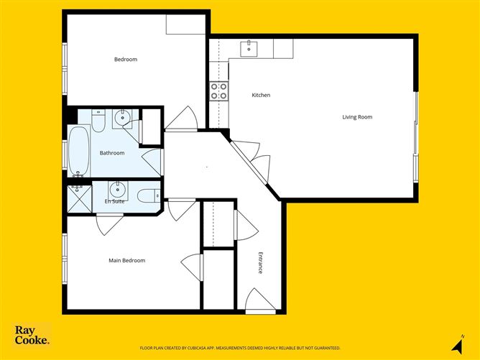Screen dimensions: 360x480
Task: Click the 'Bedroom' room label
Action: coord(125,60)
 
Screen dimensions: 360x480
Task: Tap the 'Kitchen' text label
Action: coord(261,95)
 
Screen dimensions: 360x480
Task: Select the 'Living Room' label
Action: coord(357,117)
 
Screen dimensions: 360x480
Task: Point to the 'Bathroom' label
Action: coord(111,153)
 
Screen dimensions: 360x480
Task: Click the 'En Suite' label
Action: coord(114,201)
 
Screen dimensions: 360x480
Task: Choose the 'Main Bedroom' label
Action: coord(126,260)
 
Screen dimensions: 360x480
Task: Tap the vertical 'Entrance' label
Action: coord(260,262)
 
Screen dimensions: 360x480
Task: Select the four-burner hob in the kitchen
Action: coord(218,91)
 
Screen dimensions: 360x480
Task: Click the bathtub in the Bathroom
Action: coord(78,152)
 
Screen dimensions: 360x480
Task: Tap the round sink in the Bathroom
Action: coord(122,118)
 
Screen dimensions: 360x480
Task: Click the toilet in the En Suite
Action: coord(148,194)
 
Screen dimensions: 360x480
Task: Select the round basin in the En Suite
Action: coord(117,190)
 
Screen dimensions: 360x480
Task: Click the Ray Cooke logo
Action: coord(32,336)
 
